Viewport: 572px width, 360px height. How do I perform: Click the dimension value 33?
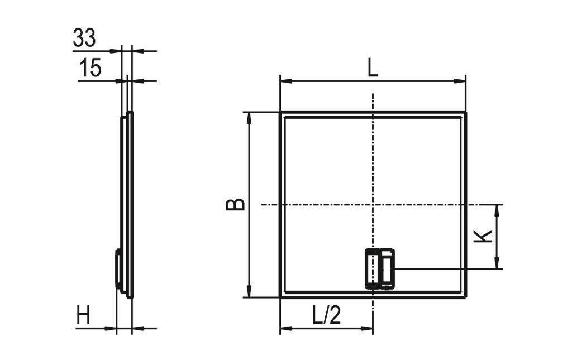click(x=84, y=38)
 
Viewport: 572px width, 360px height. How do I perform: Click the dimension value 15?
click(x=90, y=68)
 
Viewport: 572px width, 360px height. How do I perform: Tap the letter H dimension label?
click(x=84, y=317)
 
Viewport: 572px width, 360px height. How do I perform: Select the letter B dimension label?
click(x=235, y=204)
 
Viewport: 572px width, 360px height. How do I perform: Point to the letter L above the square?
click(x=373, y=68)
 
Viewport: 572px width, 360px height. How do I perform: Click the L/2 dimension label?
click(x=326, y=316)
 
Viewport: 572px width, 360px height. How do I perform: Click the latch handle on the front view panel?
click(x=380, y=269)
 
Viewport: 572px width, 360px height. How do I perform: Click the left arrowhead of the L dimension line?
click(x=284, y=81)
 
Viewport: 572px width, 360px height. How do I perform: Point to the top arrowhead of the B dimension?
click(x=249, y=116)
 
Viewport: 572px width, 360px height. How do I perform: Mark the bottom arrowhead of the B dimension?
click(x=249, y=294)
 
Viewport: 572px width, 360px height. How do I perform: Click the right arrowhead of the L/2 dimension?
click(x=369, y=328)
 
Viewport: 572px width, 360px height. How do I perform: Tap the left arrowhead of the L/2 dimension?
click(x=284, y=328)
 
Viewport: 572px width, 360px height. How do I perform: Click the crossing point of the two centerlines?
click(x=373, y=205)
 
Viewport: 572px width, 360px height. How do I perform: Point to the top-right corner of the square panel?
click(x=465, y=112)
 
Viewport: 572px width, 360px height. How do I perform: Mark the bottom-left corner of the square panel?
click(x=280, y=297)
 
